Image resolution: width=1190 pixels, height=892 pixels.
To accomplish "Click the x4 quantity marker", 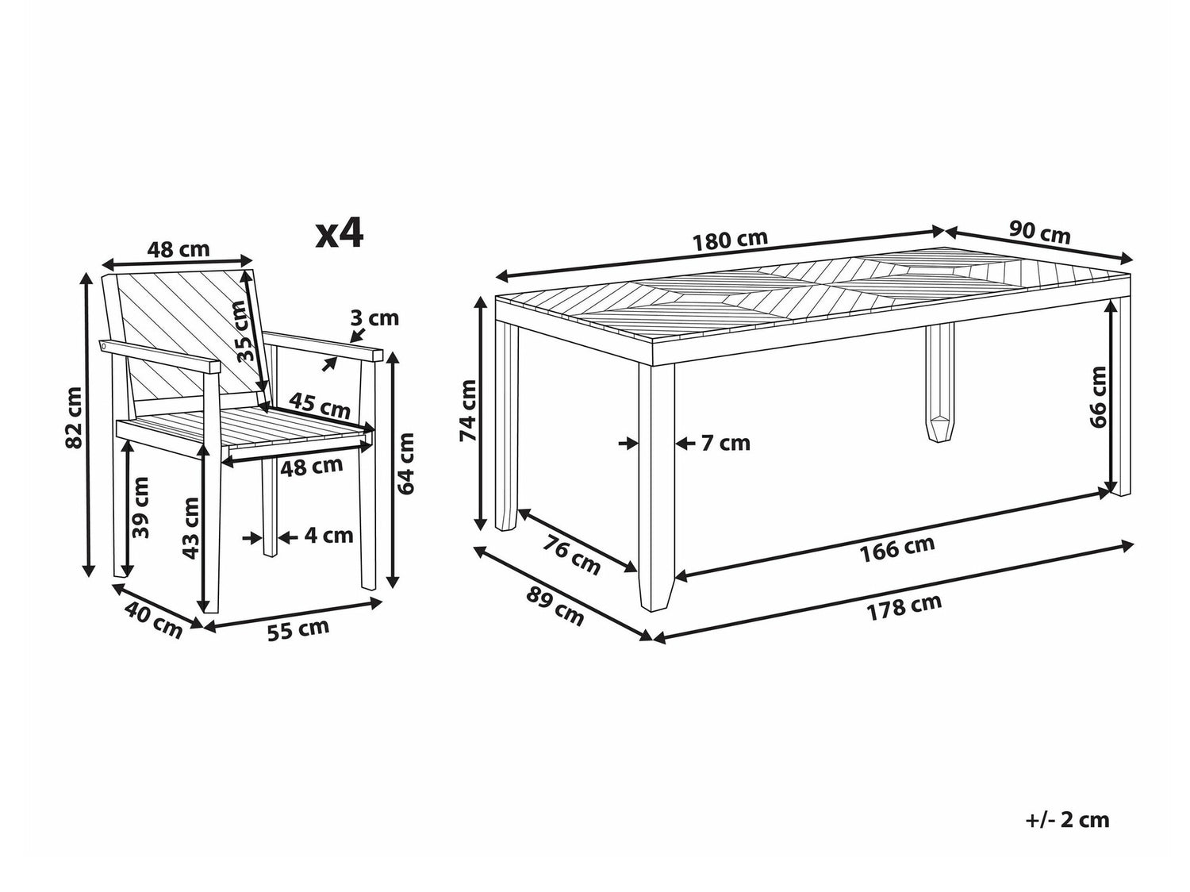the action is pos(340,233).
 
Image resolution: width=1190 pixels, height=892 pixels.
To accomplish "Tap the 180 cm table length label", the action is pos(731,240).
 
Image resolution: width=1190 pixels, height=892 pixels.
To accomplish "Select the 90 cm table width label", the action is pos(1040,232).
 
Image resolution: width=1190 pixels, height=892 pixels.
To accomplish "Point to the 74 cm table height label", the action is pos(467,410).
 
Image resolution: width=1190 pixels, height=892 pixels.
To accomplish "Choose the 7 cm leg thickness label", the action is pos(725,444).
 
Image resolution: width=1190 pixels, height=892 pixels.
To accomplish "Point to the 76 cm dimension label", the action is pos(572,556).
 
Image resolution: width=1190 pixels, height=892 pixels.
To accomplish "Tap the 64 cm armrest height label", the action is pos(405,463).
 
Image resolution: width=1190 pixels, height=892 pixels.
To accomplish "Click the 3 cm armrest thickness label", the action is pos(374,317).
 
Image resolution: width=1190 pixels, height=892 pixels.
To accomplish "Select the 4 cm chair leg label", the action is pos(328,536).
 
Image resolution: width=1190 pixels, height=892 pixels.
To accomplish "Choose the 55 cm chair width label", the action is pos(298,629).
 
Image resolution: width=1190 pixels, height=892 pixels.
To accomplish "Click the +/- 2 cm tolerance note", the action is pos(1068,819).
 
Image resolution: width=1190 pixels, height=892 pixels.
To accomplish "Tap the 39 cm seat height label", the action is pos(140,508).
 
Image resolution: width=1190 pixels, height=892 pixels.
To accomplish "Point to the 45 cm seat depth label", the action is pos(320,406).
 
